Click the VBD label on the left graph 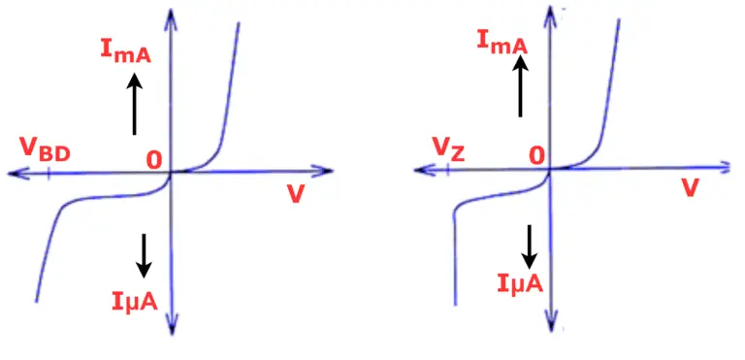click(45, 150)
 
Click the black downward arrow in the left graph click(144, 254)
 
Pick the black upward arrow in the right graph click(520, 85)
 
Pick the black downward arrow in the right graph click(530, 246)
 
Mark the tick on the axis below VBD click(49, 174)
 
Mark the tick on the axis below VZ click(448, 171)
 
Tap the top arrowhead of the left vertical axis click(171, 15)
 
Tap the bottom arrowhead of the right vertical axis click(551, 321)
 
